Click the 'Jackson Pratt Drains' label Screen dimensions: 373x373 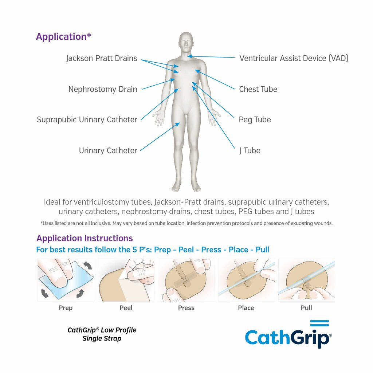[x=102, y=58]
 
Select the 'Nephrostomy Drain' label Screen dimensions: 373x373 [x=103, y=89]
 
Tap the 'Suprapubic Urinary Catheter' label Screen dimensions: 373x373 [x=87, y=119]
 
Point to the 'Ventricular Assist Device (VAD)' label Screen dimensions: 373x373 [x=294, y=58]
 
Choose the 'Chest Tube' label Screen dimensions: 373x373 [x=258, y=89]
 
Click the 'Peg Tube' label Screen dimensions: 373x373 [x=255, y=120]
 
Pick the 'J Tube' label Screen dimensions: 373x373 [x=250, y=150]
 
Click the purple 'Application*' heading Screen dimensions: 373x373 [x=63, y=37]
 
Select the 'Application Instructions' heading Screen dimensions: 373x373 [x=85, y=238]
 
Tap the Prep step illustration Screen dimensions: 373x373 [x=66, y=280]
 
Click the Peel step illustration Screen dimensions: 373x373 [x=126, y=280]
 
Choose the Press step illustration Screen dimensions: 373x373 [x=186, y=280]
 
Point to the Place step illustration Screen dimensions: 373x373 [x=247, y=280]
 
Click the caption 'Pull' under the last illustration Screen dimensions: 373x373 [x=306, y=308]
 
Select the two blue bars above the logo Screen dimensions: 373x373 [x=319, y=323]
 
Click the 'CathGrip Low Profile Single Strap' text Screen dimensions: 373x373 [x=102, y=334]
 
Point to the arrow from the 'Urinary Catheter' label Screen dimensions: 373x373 [x=160, y=137]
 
